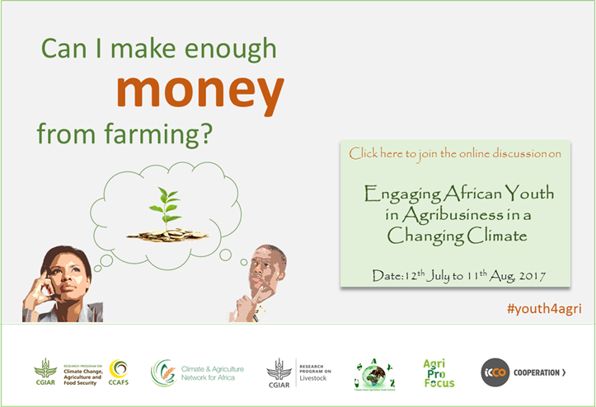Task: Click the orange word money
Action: pyautogui.click(x=200, y=93)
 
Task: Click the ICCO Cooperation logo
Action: pyautogui.click(x=524, y=372)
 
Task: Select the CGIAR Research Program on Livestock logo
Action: pyautogui.click(x=298, y=372)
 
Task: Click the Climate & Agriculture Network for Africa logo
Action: pyautogui.click(x=197, y=372)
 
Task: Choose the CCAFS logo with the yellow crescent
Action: pyautogui.click(x=119, y=372)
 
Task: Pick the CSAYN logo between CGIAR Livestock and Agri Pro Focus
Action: pyautogui.click(x=374, y=372)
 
